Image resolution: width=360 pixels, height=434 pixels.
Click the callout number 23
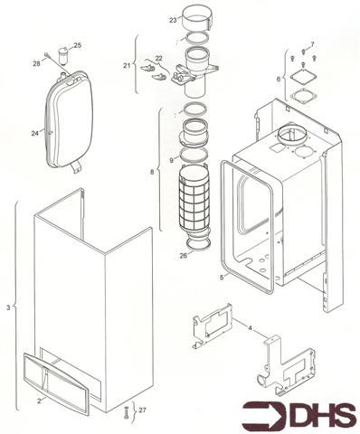(174, 19)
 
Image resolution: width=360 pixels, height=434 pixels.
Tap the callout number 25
(77, 45)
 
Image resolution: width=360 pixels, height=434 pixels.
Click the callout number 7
(311, 43)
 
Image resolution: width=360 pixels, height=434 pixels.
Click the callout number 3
(9, 309)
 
